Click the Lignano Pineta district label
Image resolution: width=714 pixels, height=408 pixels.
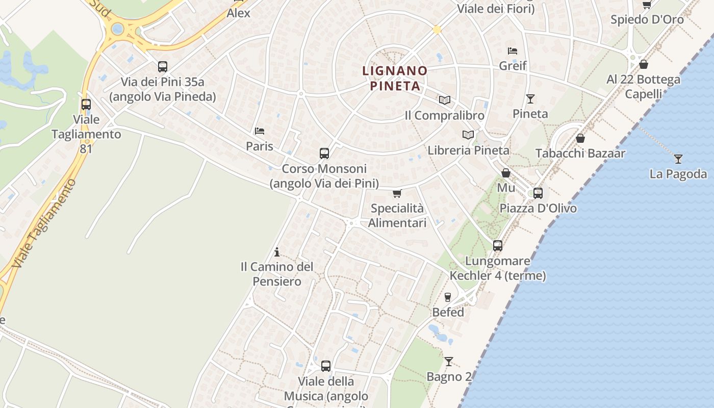tap(395, 78)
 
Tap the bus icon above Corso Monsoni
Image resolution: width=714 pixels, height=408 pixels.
tap(324, 153)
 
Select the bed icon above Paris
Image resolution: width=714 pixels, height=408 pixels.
tap(260, 131)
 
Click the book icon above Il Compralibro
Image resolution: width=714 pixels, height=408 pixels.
tap(445, 100)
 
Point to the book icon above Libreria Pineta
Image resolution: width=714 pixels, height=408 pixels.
tap(468, 135)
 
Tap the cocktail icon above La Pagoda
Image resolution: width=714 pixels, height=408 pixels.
tap(678, 159)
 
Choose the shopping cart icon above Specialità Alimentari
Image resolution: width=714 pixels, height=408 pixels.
tap(397, 193)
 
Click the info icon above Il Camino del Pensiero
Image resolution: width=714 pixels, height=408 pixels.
tap(277, 252)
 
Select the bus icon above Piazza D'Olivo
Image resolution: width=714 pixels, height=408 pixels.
tap(538, 193)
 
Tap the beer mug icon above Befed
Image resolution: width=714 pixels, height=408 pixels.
tap(448, 297)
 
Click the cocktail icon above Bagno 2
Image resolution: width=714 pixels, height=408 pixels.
tap(449, 362)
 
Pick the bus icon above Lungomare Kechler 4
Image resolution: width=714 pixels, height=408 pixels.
tap(498, 246)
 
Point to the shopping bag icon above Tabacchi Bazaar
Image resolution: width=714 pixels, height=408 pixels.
tap(580, 138)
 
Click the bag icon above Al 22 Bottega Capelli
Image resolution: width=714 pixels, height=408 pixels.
tap(644, 64)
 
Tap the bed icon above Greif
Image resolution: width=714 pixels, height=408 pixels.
tap(513, 50)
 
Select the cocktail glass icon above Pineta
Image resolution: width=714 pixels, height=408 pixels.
tap(530, 98)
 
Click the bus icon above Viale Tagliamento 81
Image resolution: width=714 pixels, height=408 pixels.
tap(86, 105)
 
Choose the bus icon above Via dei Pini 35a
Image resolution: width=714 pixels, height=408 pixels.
tap(163, 67)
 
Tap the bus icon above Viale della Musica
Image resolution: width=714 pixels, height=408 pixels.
tap(326, 366)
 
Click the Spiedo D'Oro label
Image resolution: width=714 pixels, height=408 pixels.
tap(647, 19)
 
